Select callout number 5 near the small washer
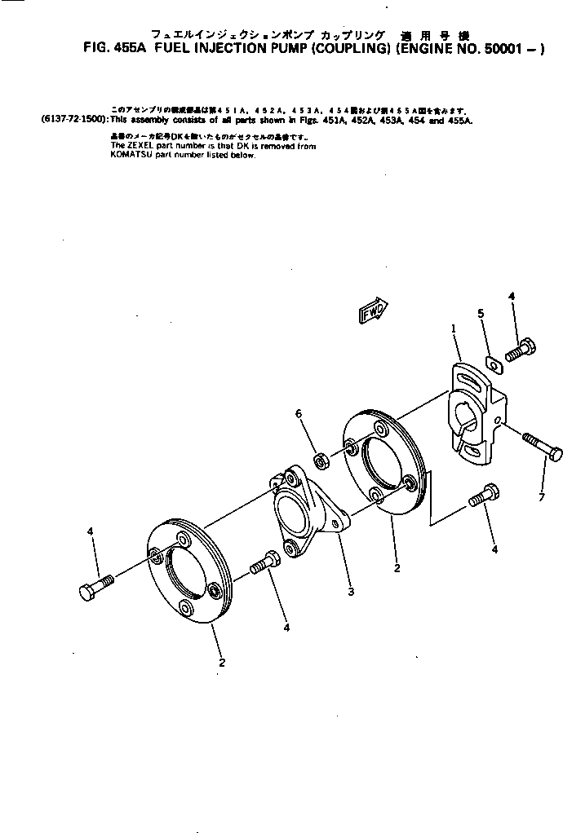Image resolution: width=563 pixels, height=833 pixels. click(x=481, y=314)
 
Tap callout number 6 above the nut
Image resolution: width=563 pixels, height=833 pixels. click(x=299, y=414)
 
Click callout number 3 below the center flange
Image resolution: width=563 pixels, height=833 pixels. click(x=351, y=592)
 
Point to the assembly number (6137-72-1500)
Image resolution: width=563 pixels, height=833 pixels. click(x=72, y=120)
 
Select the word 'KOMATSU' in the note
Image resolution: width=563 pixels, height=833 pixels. click(x=129, y=155)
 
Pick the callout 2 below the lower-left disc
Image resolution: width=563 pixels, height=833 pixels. click(x=222, y=663)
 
